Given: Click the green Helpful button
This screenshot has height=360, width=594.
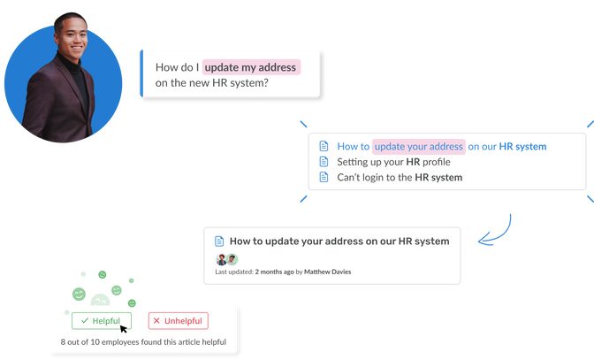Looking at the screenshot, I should pos(102,320).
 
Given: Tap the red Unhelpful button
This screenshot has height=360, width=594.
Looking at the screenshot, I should pos(178,320).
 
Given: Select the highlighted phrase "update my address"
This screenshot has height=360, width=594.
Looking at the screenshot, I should pos(252,67).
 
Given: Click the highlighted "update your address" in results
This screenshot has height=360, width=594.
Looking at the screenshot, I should pos(418,146).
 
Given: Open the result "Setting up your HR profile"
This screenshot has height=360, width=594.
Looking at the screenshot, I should pos(393,162).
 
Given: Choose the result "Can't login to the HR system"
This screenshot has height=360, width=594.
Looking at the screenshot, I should pos(400,177).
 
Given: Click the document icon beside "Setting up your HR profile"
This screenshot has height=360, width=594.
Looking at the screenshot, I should pos(324,162).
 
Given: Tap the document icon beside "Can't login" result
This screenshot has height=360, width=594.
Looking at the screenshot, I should pos(324,177).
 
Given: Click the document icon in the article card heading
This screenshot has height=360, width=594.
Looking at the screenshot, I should pos(219,241).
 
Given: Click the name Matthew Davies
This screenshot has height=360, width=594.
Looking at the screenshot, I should pos(327,272).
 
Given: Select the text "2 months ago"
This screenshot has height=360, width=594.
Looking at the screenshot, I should pos(274,272).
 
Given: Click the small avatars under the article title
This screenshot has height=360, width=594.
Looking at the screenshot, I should pos(226,258).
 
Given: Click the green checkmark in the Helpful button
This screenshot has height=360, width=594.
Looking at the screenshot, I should pos(84,320).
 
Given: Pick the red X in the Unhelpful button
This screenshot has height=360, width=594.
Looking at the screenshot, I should pos(156,320).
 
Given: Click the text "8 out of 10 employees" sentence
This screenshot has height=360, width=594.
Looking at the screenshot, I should pos(143,341).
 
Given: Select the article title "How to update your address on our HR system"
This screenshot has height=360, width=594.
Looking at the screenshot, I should pos(339,241).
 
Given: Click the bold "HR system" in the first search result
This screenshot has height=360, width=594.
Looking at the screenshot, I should pos(522,146).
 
